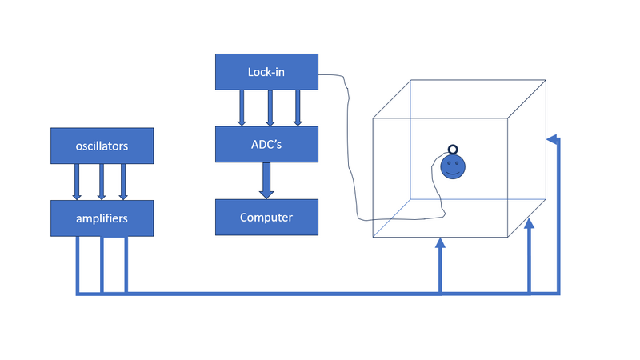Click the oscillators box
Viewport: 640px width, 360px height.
(101, 146)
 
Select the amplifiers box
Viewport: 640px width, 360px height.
(101, 218)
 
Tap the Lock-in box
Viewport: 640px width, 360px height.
(266, 72)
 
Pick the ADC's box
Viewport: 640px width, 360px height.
(266, 144)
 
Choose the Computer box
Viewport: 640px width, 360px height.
(266, 217)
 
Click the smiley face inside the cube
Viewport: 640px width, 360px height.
(452, 167)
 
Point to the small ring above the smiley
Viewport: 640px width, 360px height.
(452, 150)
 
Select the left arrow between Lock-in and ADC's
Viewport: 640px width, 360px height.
(242, 108)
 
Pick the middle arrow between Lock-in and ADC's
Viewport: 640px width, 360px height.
(270, 108)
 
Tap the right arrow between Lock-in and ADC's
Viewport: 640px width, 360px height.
(298, 108)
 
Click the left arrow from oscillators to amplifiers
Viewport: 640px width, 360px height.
(77, 182)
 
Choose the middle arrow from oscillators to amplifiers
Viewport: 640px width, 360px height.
(102, 182)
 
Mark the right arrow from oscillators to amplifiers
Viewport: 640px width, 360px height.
(123, 182)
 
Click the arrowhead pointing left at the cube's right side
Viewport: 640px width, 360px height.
(550, 139)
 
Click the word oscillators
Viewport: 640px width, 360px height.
(101, 146)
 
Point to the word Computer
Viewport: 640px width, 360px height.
(266, 217)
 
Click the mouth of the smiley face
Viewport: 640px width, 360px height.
(452, 173)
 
